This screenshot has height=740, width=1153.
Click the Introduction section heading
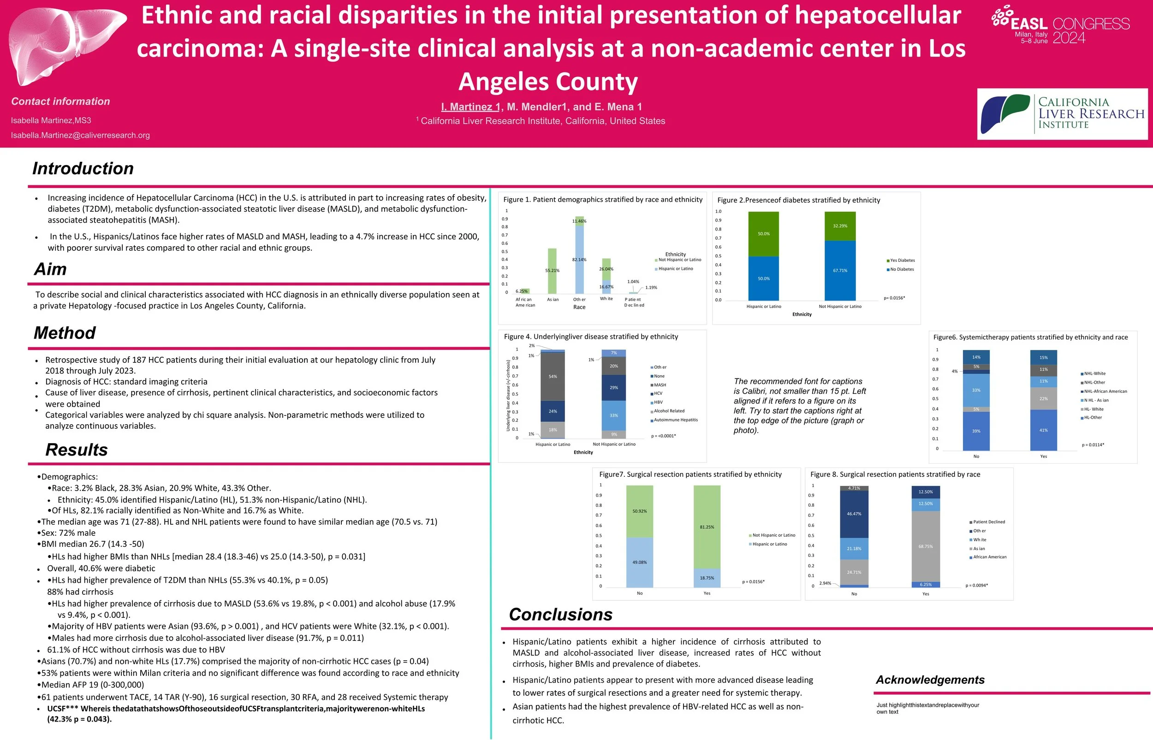(83, 169)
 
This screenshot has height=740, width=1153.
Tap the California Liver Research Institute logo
(1062, 114)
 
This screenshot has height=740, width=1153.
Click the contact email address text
(80, 136)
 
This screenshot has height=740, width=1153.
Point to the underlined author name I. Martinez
(470, 107)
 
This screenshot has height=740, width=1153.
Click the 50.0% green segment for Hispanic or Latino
(763, 234)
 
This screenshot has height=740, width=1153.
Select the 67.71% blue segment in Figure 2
(840, 271)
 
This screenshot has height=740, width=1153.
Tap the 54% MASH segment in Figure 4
(552, 376)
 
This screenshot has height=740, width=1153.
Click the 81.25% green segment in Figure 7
(707, 527)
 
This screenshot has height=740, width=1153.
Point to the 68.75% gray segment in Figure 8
(925, 546)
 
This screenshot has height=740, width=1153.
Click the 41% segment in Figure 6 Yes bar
(1043, 430)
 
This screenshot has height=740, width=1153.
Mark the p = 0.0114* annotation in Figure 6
(1093, 445)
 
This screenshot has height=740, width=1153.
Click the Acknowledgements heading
(929, 680)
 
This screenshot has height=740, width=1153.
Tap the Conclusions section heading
(560, 615)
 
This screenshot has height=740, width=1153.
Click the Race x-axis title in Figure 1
(579, 308)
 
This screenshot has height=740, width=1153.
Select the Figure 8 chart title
(895, 475)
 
